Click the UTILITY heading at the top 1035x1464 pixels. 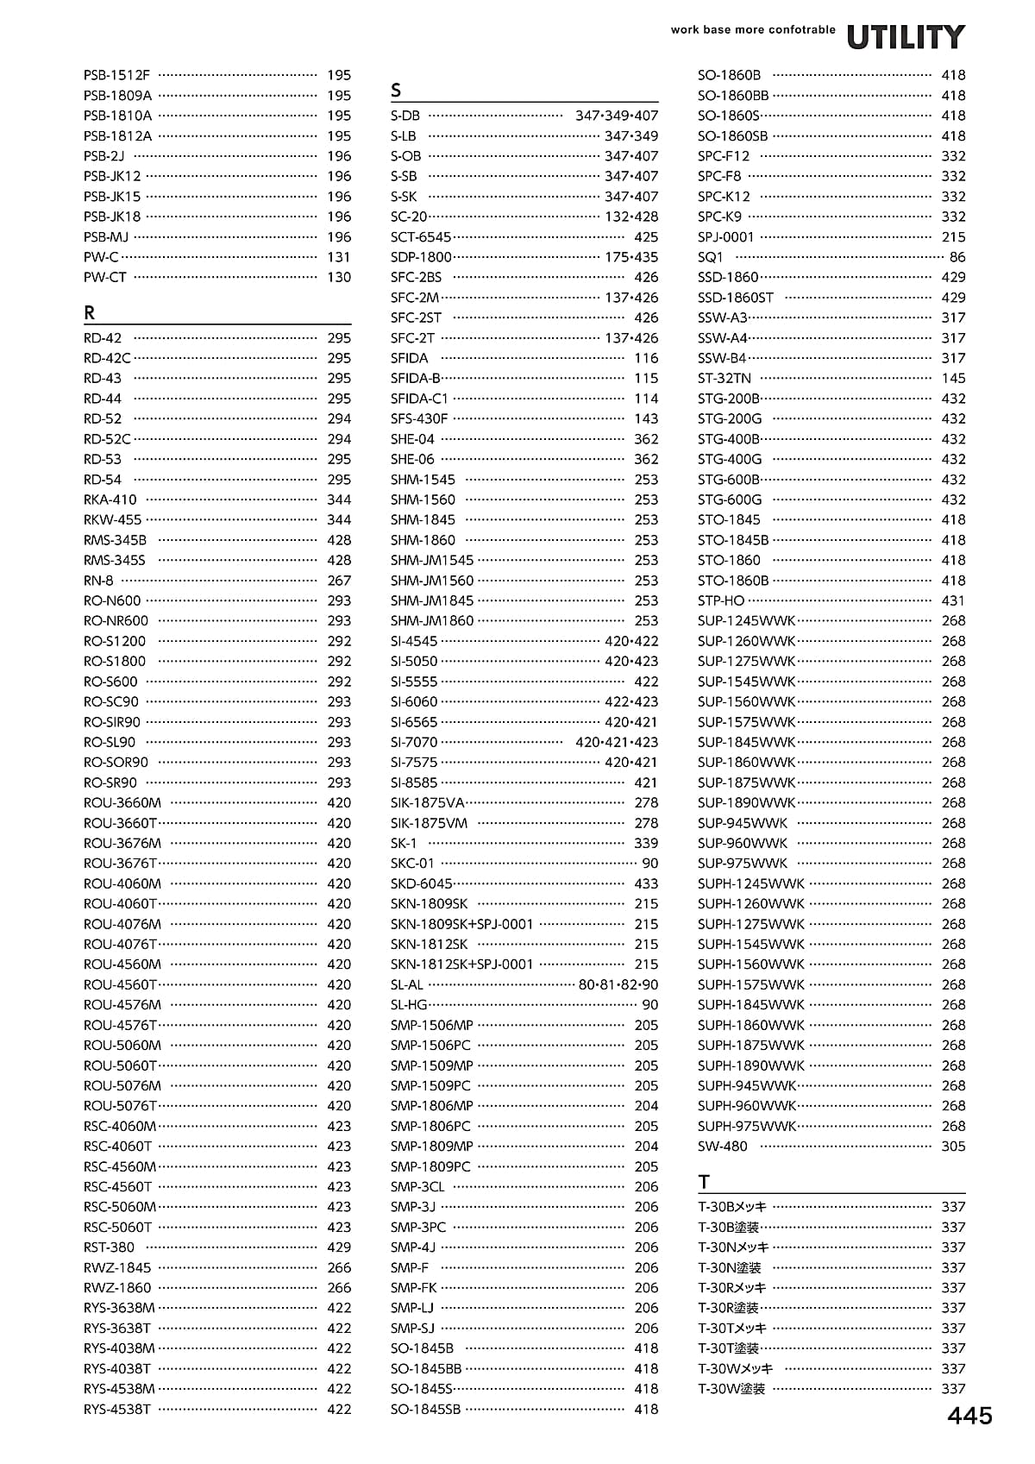click(x=906, y=37)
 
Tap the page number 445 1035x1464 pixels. click(x=970, y=1416)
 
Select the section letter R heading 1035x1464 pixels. click(x=90, y=312)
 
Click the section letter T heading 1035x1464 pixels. click(x=705, y=1181)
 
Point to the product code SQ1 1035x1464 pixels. click(x=711, y=257)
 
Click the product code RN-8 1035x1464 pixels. click(x=98, y=581)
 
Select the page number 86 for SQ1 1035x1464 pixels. click(x=957, y=257)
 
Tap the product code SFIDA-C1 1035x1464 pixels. click(x=419, y=399)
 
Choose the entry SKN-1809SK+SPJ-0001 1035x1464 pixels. click(x=461, y=924)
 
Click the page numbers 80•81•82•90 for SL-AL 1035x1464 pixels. click(x=618, y=984)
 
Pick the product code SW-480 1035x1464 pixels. click(x=723, y=1147)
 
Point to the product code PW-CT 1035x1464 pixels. click(x=105, y=277)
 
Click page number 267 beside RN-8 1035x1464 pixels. click(x=339, y=581)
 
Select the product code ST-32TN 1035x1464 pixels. click(x=724, y=378)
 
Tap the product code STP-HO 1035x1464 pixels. click(x=721, y=600)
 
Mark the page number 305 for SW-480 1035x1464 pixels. click(x=953, y=1147)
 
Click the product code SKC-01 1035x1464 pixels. click(x=412, y=864)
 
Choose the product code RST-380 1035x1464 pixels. click(x=110, y=1247)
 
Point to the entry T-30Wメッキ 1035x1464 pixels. click(x=736, y=1368)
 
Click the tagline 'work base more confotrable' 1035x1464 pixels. click(x=753, y=29)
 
